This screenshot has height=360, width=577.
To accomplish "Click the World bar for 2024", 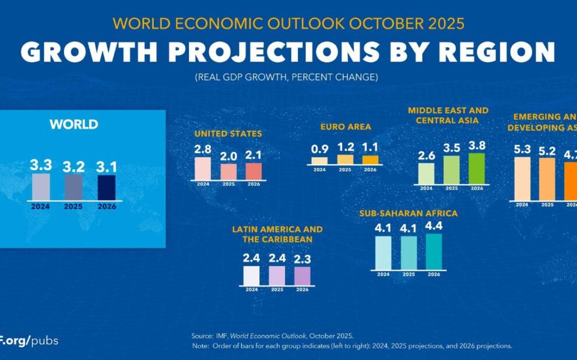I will click(x=41, y=187).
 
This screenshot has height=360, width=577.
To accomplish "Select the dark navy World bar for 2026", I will click(x=107, y=188).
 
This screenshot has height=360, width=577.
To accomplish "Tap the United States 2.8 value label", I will click(x=202, y=149).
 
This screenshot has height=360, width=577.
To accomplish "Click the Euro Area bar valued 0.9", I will click(x=319, y=161).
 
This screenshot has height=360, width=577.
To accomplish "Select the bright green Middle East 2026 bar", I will click(x=477, y=169).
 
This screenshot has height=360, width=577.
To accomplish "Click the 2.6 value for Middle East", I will click(x=426, y=156).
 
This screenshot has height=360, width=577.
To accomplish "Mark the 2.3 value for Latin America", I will click(x=302, y=258).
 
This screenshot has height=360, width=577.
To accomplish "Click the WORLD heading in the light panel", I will click(x=74, y=124).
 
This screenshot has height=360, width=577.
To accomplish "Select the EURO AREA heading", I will click(x=345, y=126).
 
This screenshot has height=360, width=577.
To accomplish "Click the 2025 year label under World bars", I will click(x=74, y=207).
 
